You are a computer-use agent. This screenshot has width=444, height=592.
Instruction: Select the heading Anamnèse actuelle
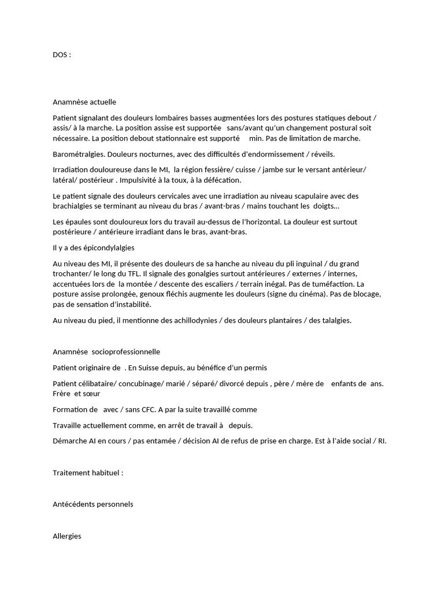point(84,102)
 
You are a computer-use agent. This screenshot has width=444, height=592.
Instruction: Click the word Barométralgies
point(78,154)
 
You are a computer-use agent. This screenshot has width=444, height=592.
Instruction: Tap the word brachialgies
point(73,206)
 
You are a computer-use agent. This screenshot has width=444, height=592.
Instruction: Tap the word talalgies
point(332,320)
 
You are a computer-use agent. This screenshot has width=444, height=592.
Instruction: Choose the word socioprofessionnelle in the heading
point(126,351)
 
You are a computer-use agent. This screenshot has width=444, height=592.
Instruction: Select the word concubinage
point(125,384)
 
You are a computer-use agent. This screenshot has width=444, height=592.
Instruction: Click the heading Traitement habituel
point(87,472)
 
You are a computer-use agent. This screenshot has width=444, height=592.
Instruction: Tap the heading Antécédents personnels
point(92,504)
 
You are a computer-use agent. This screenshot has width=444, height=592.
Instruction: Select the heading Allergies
point(66,536)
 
